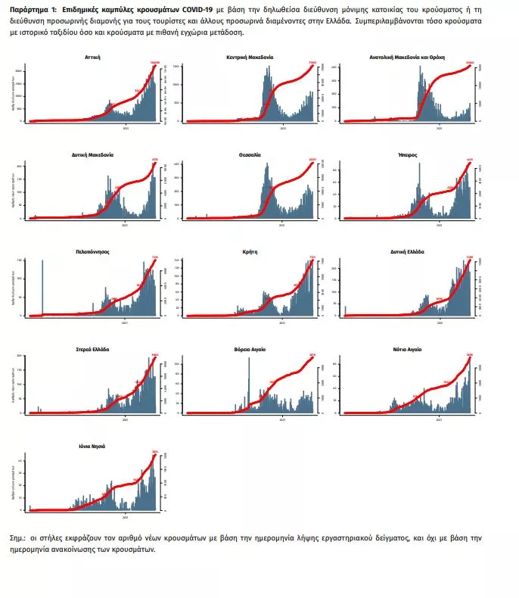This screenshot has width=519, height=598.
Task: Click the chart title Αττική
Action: pyautogui.click(x=93, y=57)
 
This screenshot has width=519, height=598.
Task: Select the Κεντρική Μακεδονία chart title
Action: pyautogui.click(x=250, y=57)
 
